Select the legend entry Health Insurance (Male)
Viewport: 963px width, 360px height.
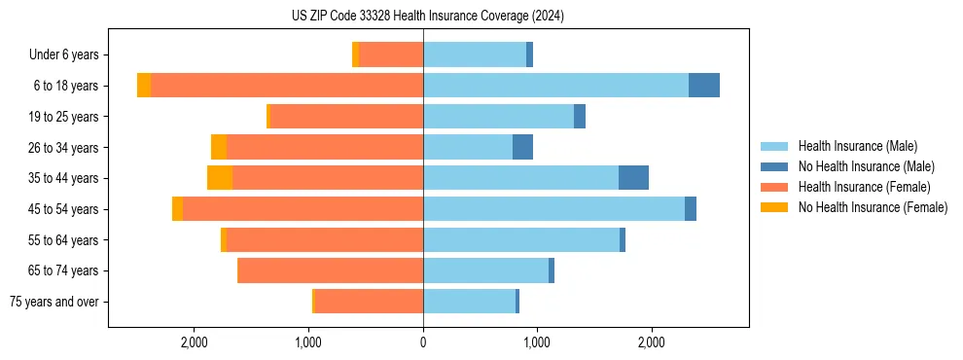point(857,146)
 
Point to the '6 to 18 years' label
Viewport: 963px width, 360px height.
point(65,86)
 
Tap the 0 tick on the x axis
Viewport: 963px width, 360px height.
point(423,342)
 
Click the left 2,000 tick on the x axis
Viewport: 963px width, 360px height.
point(195,342)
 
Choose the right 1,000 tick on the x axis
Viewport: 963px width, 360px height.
point(537,342)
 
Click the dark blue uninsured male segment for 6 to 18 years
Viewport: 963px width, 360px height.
point(704,86)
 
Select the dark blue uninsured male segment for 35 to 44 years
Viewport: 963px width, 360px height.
point(633,178)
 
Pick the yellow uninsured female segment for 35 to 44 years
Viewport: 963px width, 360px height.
point(220,178)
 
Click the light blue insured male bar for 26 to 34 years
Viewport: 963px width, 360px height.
point(468,147)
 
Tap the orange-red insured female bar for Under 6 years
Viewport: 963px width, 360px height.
point(391,54)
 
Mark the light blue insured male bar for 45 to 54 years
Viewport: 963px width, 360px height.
point(553,209)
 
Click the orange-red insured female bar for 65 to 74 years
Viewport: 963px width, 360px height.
point(331,270)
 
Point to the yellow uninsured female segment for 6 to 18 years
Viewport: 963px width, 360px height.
point(144,86)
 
